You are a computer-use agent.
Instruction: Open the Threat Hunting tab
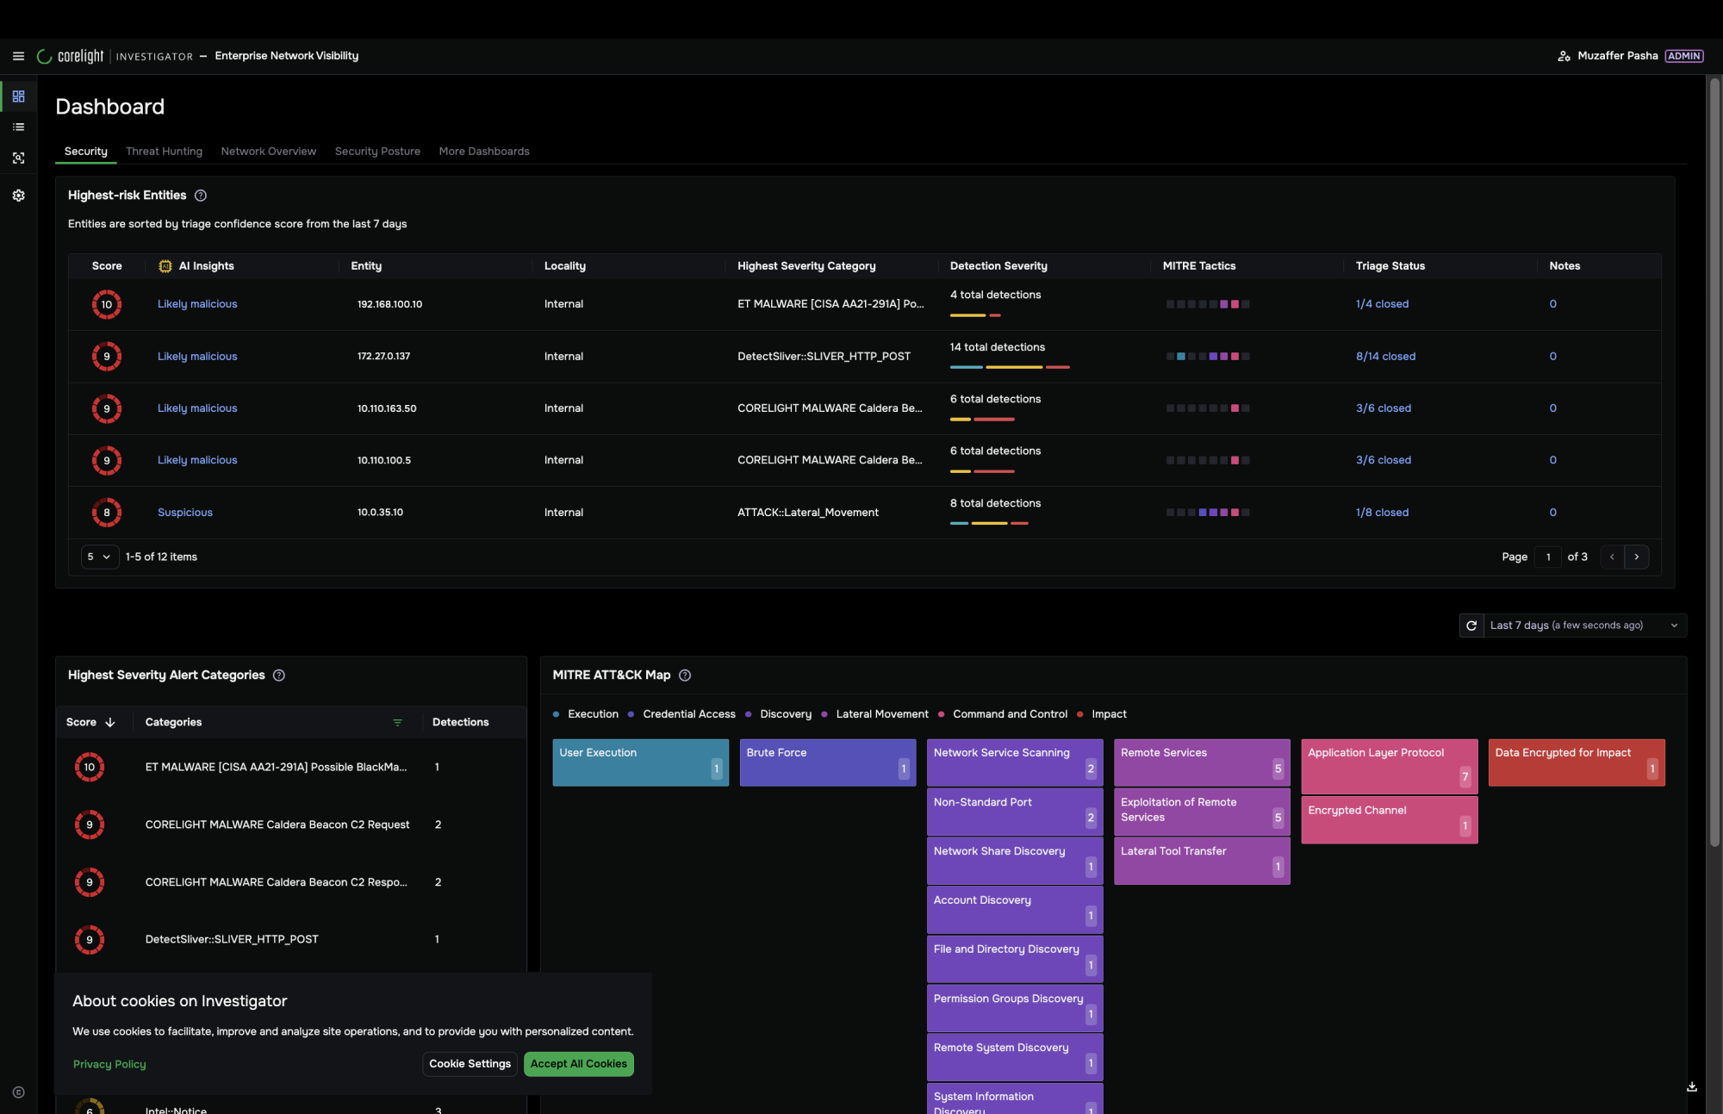(164, 151)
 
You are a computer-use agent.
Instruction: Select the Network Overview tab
(268, 151)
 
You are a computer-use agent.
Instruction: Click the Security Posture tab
(377, 151)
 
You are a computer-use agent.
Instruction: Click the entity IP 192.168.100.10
(389, 304)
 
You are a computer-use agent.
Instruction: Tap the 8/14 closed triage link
(1385, 356)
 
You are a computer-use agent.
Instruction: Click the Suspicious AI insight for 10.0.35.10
(184, 512)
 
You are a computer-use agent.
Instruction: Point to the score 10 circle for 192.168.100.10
(107, 304)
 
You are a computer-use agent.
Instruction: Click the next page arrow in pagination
(1637, 557)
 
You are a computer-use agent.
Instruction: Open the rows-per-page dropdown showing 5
(100, 557)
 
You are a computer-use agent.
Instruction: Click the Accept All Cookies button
(579, 1063)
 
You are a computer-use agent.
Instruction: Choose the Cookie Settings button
(470, 1063)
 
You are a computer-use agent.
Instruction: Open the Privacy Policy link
(109, 1064)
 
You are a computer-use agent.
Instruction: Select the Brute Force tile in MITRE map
(828, 762)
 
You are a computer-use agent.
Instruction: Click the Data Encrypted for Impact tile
(1577, 762)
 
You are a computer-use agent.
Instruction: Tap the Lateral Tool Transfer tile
(1202, 861)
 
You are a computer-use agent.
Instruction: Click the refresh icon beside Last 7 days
(1471, 625)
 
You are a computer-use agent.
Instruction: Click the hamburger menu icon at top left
(18, 56)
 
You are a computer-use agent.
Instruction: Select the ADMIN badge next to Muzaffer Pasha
(1683, 56)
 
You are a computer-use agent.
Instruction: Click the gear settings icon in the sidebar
(18, 196)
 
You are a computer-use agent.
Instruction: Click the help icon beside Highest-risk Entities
(201, 196)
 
